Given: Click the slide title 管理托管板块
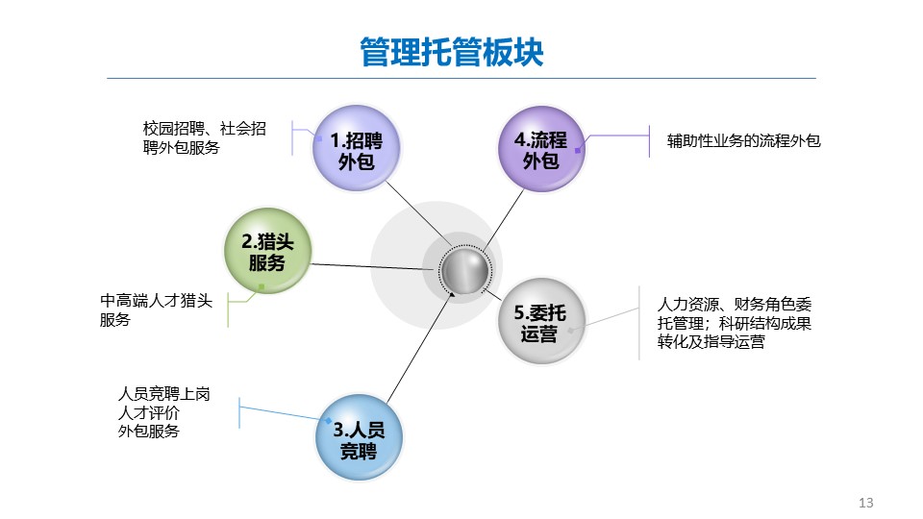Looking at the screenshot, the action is [x=452, y=52].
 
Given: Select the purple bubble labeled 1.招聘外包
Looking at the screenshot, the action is [x=356, y=148].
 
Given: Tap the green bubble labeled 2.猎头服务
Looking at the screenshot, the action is [x=267, y=251].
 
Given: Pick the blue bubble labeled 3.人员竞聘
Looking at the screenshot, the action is [x=359, y=438].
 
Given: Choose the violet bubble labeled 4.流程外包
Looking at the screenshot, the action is [x=541, y=149].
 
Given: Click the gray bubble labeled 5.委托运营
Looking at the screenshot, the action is [x=541, y=321].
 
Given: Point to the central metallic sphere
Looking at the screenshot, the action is [x=464, y=270].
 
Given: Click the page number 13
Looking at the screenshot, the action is [x=866, y=503].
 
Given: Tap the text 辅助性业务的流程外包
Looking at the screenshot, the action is [x=743, y=140].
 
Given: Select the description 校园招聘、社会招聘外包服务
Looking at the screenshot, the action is [x=204, y=137].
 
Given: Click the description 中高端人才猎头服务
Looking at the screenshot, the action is [x=156, y=310].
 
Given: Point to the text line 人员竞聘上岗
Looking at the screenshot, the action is [x=163, y=394].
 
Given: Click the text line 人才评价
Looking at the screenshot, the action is [x=148, y=412].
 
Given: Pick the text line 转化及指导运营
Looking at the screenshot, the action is [x=711, y=342].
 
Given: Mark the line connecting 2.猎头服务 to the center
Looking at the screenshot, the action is [x=373, y=266].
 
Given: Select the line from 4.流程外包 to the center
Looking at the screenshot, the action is [x=503, y=219].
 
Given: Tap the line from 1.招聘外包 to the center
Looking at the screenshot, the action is [x=418, y=213].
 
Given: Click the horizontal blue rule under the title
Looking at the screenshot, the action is [x=461, y=78].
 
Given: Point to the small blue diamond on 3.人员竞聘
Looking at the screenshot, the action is [x=329, y=421].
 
